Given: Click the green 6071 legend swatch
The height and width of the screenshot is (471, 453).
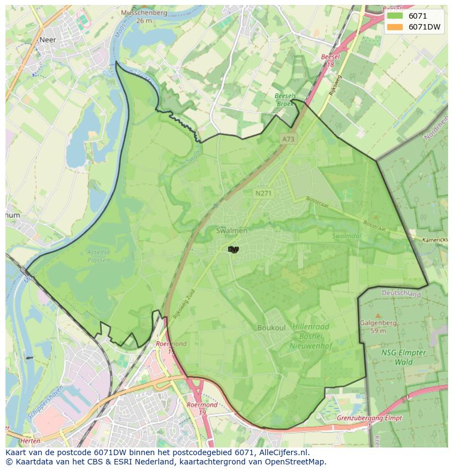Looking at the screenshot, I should click(394, 16).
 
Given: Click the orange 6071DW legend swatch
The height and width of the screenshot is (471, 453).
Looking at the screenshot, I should click(394, 27).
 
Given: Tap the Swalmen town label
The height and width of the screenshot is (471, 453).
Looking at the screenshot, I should click(231, 231).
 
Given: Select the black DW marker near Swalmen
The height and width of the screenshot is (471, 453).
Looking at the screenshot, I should click(233, 249).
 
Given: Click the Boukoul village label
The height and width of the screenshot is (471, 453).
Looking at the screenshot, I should click(271, 328).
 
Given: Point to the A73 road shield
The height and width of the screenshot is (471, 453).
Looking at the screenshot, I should click(288, 139).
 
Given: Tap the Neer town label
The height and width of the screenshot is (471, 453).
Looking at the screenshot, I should click(48, 39).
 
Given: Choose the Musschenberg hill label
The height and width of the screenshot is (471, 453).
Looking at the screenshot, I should click(144, 16).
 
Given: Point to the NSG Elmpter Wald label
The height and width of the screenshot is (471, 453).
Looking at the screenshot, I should click(404, 357).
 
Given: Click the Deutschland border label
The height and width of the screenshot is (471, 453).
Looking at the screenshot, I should click(402, 294).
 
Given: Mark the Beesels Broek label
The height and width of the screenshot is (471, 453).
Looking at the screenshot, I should click(286, 100).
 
